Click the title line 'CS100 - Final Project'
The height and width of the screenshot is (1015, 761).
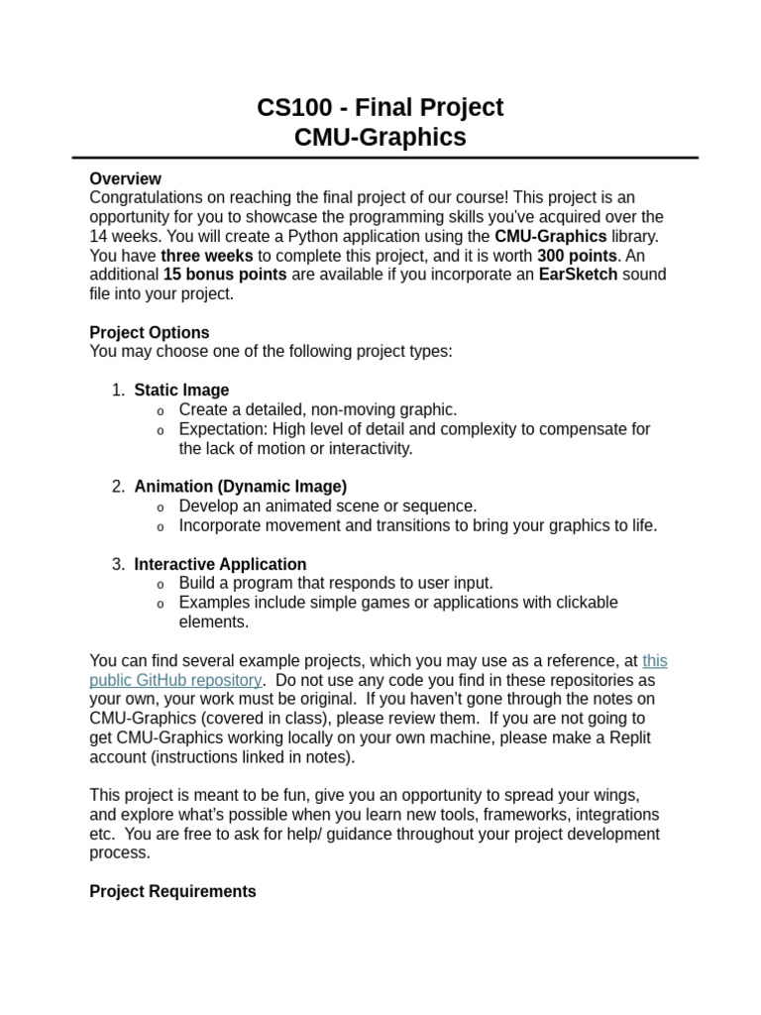click(x=380, y=107)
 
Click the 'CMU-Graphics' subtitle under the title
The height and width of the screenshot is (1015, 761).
click(x=380, y=137)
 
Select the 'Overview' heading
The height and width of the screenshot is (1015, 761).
click(x=125, y=178)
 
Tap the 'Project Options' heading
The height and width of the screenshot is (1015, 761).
click(x=150, y=332)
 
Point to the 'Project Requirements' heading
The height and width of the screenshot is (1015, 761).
click(x=172, y=891)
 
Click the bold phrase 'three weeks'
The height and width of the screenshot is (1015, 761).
click(x=207, y=255)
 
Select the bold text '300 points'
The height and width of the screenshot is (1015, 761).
click(x=577, y=255)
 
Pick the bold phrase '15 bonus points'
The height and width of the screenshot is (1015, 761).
click(x=225, y=274)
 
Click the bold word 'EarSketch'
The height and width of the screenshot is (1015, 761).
click(x=578, y=274)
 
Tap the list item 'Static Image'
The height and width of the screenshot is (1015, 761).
click(x=181, y=390)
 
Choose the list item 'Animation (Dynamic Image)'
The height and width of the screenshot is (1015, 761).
click(x=241, y=486)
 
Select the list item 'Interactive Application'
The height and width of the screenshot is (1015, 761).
click(x=220, y=564)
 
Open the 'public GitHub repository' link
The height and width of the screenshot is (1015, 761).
click(x=175, y=680)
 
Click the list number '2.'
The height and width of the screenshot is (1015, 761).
click(x=119, y=486)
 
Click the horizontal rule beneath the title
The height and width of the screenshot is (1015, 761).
click(x=384, y=158)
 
